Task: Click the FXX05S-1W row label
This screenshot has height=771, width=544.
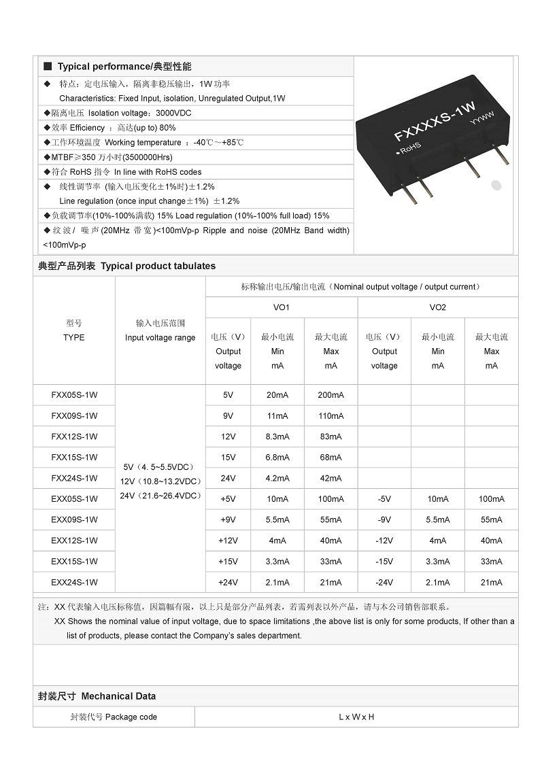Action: click(x=74, y=395)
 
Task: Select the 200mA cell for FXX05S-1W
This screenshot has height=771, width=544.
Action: click(x=330, y=395)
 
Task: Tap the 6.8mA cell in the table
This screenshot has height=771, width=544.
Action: click(x=277, y=457)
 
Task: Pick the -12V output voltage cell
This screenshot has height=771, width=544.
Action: click(x=384, y=541)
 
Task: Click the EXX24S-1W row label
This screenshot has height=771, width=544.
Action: click(x=74, y=582)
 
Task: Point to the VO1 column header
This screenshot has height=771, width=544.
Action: click(x=282, y=307)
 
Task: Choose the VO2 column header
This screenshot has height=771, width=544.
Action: click(x=438, y=307)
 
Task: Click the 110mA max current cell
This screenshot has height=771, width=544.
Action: click(x=330, y=415)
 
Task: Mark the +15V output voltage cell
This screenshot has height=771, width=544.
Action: click(x=228, y=562)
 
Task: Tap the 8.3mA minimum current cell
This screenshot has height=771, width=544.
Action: click(x=277, y=436)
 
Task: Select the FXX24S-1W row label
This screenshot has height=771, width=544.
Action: click(x=74, y=478)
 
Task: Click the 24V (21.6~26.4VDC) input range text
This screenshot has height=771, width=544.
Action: click(x=160, y=496)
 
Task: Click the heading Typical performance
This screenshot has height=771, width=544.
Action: click(x=124, y=67)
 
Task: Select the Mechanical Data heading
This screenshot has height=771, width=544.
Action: click(x=118, y=696)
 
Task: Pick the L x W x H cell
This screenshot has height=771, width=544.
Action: click(x=356, y=717)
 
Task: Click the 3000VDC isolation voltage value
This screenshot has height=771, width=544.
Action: click(x=173, y=113)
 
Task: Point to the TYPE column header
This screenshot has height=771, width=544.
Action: click(x=74, y=337)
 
